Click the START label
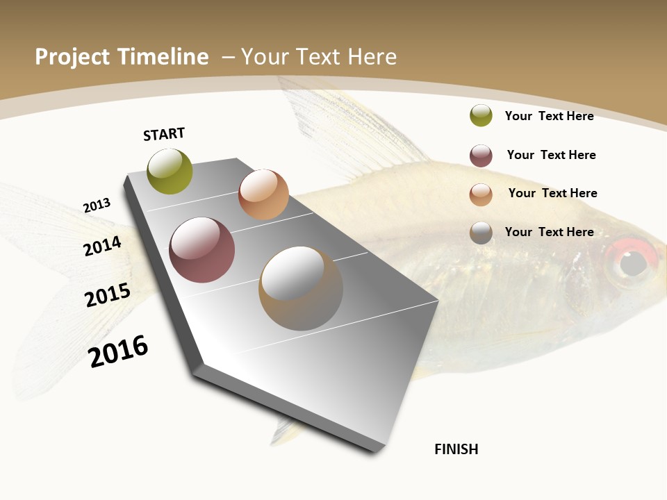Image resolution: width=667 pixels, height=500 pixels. point(164,134)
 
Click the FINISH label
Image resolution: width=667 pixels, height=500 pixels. point(456,449)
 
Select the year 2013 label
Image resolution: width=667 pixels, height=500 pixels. point(97,206)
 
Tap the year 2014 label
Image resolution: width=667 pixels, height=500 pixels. point(102,246)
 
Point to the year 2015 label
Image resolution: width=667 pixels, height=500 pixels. point(108,294)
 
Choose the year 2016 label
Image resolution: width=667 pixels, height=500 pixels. point(118,351)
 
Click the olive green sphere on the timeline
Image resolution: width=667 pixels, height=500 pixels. point(170,172)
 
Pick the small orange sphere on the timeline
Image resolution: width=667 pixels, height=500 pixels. point(263,194)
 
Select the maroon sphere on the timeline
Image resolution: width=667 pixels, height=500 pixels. point(202,250)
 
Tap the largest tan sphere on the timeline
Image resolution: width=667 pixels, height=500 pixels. point(301,288)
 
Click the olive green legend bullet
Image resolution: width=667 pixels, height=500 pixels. point(481,115)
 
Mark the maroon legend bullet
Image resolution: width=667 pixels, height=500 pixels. point(481,156)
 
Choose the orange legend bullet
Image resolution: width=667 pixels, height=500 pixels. point(481,194)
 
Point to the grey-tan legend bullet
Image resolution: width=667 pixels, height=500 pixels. point(481,233)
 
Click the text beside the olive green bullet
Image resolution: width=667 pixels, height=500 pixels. point(549,116)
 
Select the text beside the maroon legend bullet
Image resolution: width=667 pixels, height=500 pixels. point(551,155)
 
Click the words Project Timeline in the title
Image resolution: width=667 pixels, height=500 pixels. point(122,57)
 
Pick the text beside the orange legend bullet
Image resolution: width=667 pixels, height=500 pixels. point(552,193)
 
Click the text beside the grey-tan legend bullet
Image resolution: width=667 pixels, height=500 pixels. point(549,232)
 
